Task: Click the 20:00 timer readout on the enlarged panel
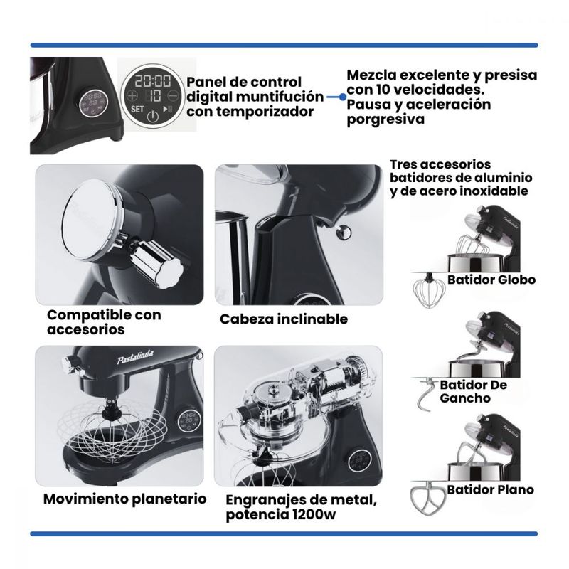tap(152, 81)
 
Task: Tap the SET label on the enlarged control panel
tap(137, 109)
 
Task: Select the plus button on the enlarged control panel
tap(132, 96)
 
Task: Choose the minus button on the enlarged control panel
tap(173, 96)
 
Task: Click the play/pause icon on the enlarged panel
tap(168, 109)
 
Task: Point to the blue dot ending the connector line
tap(342, 97)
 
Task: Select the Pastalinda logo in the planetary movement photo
tap(135, 358)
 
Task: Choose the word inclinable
tap(312, 319)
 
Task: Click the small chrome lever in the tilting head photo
tap(341, 231)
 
